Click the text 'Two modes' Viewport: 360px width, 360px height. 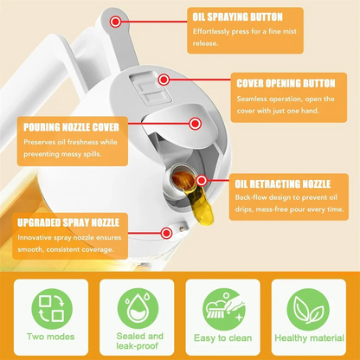(49, 337)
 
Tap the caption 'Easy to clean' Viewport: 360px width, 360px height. (223, 337)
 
